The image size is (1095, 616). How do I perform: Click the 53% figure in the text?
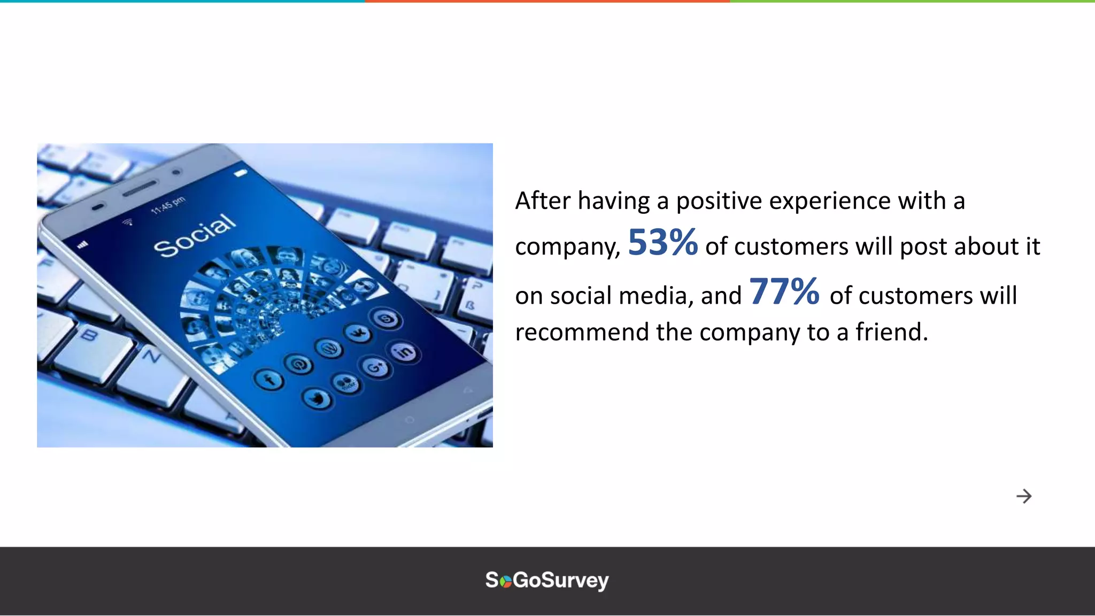click(x=662, y=243)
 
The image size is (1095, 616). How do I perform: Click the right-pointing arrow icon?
click(x=1024, y=496)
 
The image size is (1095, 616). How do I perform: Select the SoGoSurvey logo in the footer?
click(x=547, y=580)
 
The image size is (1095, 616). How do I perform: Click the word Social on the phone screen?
click(x=194, y=235)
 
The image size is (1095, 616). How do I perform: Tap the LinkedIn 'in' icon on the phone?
click(x=405, y=352)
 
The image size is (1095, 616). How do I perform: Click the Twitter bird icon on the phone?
click(x=317, y=398)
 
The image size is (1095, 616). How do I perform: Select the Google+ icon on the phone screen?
click(x=376, y=367)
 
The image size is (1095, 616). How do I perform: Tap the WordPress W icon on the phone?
click(x=329, y=349)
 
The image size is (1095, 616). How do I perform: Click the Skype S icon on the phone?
click(x=387, y=320)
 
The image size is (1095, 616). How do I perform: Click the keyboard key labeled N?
click(x=152, y=356)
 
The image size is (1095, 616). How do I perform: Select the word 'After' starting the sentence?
click(x=543, y=201)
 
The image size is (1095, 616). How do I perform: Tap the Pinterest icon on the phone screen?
click(x=299, y=365)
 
